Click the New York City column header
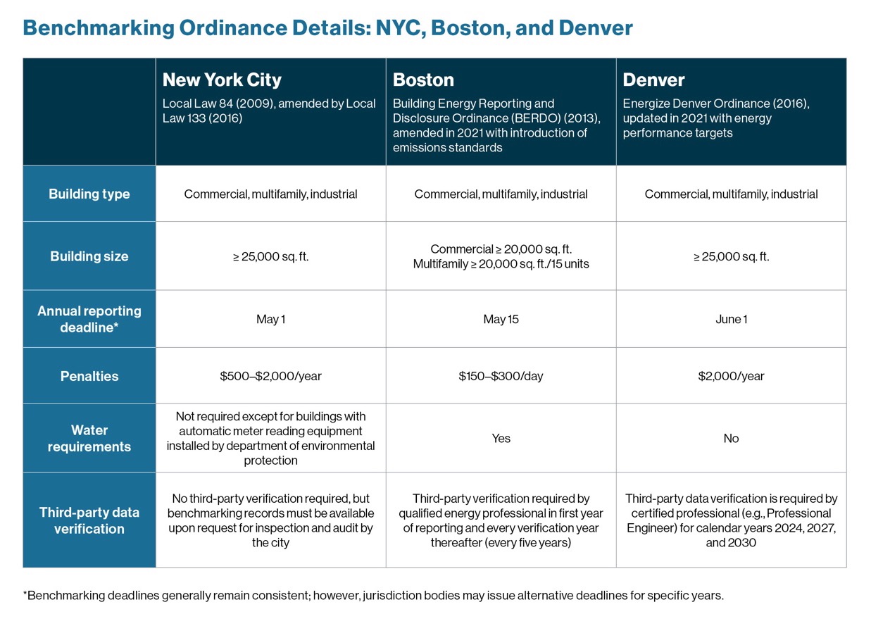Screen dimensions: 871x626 222,80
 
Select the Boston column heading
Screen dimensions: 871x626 423,80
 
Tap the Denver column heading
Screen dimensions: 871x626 653,80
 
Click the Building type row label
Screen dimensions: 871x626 89,194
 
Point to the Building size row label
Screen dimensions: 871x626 89,256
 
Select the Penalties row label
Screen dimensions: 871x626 89,376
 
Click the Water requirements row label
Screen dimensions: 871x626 89,438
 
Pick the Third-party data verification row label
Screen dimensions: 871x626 89,520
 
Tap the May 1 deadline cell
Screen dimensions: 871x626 270,319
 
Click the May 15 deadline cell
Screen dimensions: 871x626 501,319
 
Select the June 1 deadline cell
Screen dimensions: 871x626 731,319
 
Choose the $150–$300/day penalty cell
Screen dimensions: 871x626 501,376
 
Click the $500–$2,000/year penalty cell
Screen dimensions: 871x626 270,376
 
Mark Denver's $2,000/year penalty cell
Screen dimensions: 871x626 731,376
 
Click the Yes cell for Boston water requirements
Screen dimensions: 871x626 501,438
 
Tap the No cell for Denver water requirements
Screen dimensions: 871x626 731,438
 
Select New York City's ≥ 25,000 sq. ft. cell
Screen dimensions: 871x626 270,256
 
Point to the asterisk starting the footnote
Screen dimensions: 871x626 25,593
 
